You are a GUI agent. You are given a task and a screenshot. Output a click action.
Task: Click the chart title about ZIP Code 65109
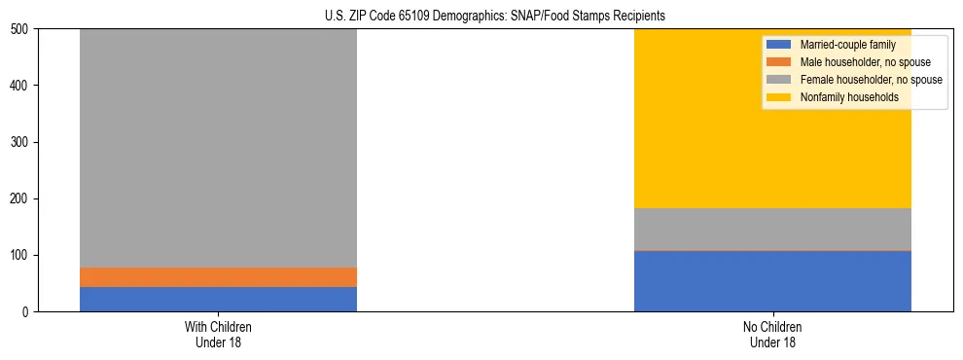pos(495,17)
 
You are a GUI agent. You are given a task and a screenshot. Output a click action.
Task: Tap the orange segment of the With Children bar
pos(218,277)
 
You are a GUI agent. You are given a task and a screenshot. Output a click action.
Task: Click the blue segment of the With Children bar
pos(218,299)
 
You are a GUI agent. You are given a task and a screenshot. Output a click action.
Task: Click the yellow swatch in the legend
pos(779,97)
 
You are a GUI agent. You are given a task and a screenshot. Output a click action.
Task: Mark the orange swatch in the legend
pos(779,62)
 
